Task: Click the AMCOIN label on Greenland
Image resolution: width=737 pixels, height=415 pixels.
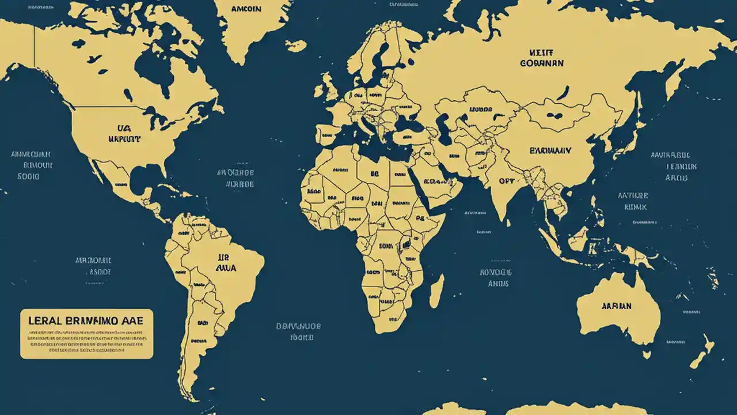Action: [246, 10]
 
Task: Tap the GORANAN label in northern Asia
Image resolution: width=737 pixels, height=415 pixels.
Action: [541, 63]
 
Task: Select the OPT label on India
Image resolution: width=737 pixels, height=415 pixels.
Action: [506, 181]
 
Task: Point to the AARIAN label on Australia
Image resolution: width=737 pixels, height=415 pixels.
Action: [616, 306]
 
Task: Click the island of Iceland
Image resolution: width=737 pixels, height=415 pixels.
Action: [295, 45]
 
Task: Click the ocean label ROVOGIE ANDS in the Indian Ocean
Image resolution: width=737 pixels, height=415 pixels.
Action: [495, 277]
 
